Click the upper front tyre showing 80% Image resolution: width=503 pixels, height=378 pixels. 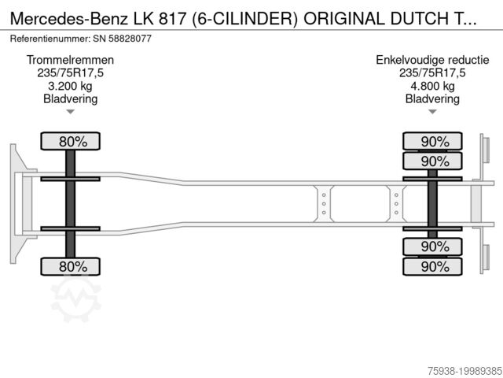point(70,142)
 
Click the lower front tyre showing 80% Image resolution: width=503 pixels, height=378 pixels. point(70,266)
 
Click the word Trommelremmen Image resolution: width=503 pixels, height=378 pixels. point(70,61)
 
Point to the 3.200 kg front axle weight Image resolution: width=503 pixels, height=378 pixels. point(70,86)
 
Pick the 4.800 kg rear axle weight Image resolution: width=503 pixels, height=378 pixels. point(432,86)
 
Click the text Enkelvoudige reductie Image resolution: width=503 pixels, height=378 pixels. point(432,61)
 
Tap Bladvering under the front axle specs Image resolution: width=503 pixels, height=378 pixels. point(70,98)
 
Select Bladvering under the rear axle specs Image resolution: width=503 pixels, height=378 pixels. point(432,98)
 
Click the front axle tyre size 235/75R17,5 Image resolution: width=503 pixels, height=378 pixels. point(70,73)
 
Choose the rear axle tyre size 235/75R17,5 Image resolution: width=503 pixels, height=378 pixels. point(432,73)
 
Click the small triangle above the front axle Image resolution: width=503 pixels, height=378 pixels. point(70,112)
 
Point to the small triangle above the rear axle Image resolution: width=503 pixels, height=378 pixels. point(432,112)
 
